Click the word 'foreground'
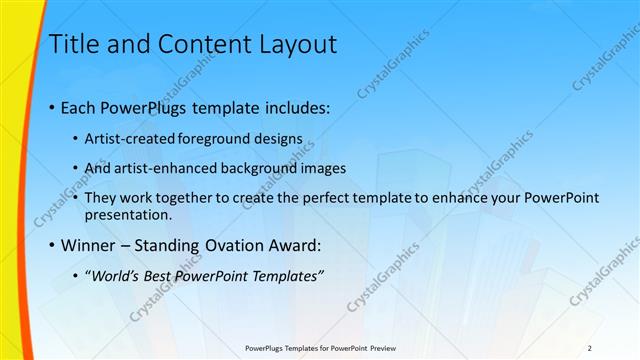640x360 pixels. tap(219, 139)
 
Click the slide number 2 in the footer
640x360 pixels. tap(589, 348)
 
